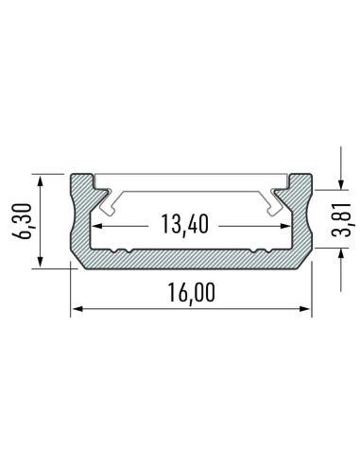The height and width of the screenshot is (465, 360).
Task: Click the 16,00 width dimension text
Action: [192, 293]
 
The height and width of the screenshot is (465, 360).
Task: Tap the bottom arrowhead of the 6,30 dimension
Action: [41, 264]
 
